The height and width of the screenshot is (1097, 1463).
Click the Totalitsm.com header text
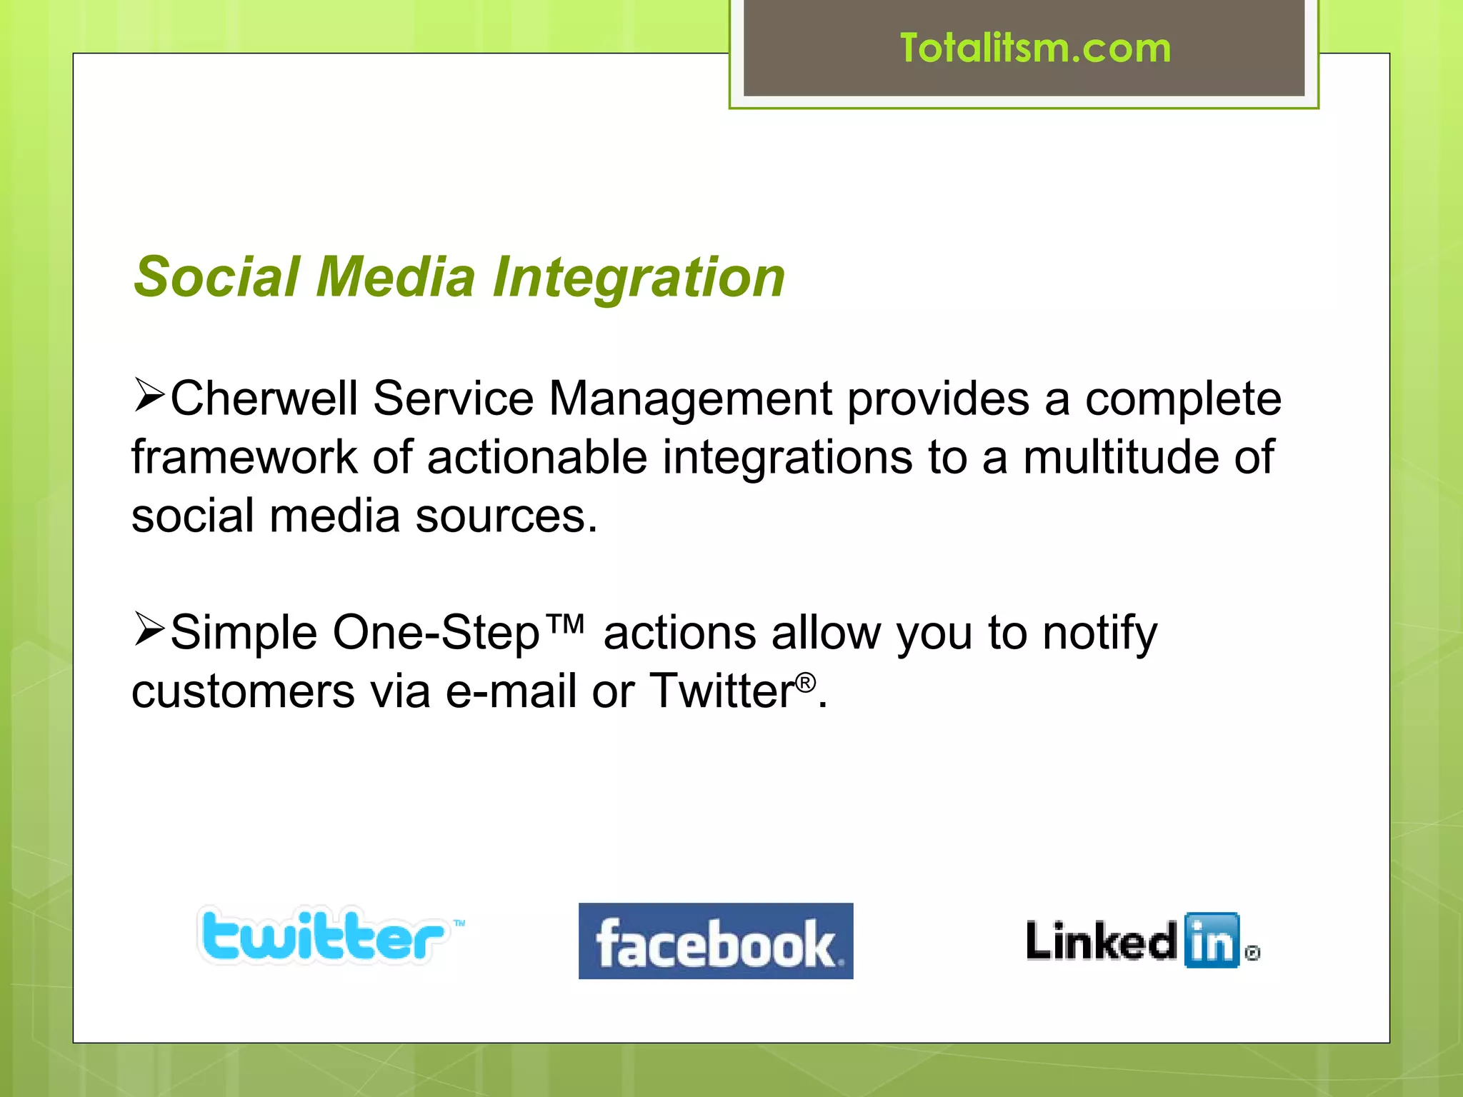coord(1035,49)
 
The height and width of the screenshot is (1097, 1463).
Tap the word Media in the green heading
coord(396,277)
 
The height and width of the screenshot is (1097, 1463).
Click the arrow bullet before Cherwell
coord(149,396)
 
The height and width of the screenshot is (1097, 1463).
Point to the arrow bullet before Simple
coord(149,630)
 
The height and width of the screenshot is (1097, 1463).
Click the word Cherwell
coord(264,399)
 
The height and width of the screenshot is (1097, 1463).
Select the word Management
coord(689,399)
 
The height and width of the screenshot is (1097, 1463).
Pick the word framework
coord(244,457)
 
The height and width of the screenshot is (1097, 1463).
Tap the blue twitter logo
coord(326,936)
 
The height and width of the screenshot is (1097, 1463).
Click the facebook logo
coord(716,941)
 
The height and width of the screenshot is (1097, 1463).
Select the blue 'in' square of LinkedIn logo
coord(1212,941)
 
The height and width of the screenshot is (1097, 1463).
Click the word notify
coord(1099,633)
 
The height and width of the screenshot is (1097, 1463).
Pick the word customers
coord(243,691)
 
